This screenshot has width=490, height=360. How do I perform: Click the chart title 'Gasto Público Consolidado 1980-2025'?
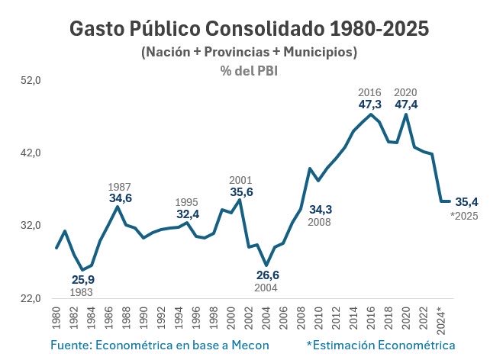tap(249, 29)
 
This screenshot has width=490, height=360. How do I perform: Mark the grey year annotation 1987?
tap(120, 186)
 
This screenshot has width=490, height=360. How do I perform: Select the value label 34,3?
tap(321, 208)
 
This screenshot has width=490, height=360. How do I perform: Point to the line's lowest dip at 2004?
tap(266, 265)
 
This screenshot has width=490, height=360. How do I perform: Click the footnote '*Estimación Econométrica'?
tap(380, 346)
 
